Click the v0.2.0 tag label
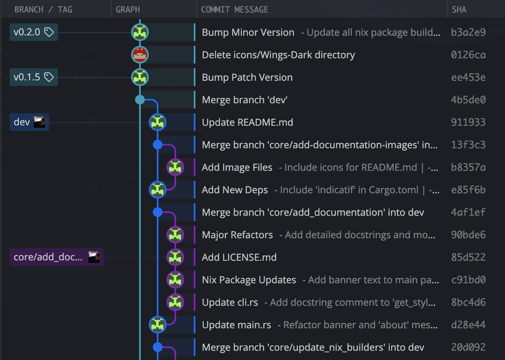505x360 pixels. click(x=33, y=32)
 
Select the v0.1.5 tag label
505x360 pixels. click(x=33, y=77)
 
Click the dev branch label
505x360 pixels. click(x=29, y=122)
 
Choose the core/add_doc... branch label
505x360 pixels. click(x=56, y=257)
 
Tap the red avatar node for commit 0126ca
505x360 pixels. click(x=140, y=55)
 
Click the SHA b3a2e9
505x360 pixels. click(x=468, y=32)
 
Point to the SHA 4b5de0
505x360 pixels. click(x=468, y=100)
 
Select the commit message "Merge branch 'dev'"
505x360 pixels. click(x=244, y=100)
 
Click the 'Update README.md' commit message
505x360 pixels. click(x=247, y=122)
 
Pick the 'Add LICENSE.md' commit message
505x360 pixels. click(x=239, y=257)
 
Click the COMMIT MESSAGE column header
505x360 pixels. click(x=234, y=9)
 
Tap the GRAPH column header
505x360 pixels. click(x=128, y=9)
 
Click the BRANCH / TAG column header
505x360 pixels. click(x=43, y=9)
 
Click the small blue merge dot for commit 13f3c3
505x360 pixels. click(x=158, y=145)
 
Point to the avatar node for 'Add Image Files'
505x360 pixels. click(x=175, y=167)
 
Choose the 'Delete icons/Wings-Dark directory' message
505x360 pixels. click(x=278, y=55)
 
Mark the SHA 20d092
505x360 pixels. click(x=468, y=347)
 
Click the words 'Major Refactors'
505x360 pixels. click(x=237, y=235)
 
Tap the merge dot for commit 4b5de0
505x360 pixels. click(x=140, y=100)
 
